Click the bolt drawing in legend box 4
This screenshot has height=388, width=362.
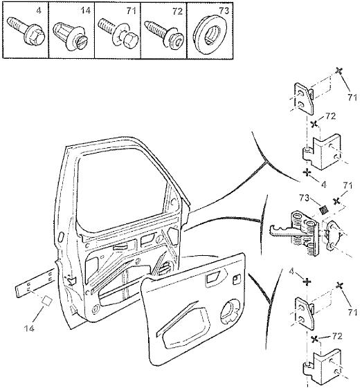tap(26, 33)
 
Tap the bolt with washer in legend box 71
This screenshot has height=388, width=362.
tap(118, 33)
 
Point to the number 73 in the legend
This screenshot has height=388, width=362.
tap(224, 10)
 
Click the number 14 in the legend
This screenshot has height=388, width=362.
tap(85, 10)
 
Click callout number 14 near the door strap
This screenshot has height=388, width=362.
tap(29, 329)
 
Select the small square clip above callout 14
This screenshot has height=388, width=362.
tap(47, 301)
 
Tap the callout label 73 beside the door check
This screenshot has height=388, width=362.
tap(305, 198)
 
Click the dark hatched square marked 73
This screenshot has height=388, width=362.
tap(324, 210)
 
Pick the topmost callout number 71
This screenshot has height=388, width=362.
tap(352, 98)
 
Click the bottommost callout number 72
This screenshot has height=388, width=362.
tap(337, 336)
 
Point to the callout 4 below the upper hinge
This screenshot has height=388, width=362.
tap(324, 185)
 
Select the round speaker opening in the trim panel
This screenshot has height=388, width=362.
tap(230, 311)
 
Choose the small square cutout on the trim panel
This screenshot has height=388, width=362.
tap(236, 279)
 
